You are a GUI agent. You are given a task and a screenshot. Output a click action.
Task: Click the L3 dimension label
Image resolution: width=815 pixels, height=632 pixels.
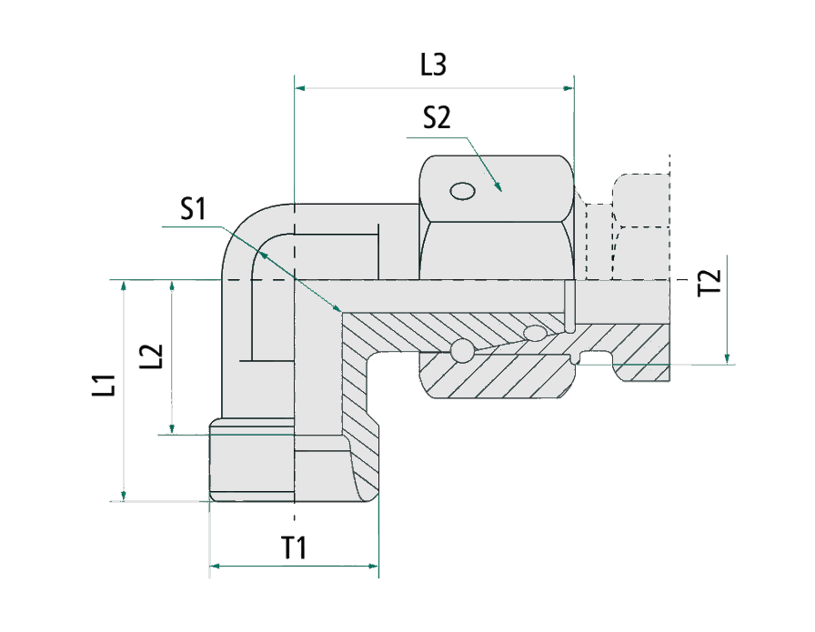[x=433, y=65]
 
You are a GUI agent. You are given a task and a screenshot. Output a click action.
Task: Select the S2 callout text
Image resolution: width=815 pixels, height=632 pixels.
[x=437, y=119]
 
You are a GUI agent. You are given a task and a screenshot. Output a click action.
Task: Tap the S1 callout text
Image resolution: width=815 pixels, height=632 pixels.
[x=192, y=210]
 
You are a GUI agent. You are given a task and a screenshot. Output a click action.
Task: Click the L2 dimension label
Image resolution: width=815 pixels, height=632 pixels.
[x=152, y=356]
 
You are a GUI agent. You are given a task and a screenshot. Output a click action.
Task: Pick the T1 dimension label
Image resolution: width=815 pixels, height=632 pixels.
[x=293, y=547]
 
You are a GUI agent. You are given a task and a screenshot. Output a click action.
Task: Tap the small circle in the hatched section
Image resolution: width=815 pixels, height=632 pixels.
[x=461, y=350]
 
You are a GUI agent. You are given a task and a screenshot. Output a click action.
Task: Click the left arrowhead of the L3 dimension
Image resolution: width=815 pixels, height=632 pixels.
[x=300, y=88]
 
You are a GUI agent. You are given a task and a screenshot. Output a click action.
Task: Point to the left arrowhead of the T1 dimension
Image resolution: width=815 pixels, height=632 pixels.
[x=216, y=567]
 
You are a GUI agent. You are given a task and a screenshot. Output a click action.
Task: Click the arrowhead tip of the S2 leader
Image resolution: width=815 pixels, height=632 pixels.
[x=501, y=188]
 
